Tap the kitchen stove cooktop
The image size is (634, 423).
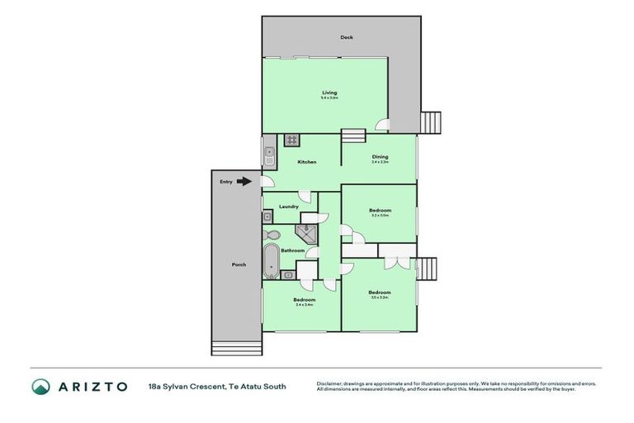(x=291, y=140)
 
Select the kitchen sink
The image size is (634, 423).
(x=268, y=153)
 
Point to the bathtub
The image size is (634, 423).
(x=271, y=260)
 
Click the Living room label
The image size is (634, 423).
(x=329, y=93)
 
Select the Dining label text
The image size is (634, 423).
(x=380, y=156)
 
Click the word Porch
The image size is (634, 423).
(x=239, y=264)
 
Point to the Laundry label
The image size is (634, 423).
(x=288, y=206)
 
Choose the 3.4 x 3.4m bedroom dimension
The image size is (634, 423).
(x=303, y=305)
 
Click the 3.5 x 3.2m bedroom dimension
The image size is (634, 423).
(x=380, y=297)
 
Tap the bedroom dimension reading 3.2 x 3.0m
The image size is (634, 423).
(x=380, y=216)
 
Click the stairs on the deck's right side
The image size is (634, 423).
(x=432, y=122)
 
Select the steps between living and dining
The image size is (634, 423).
(x=352, y=136)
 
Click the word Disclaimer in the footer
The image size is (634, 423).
(x=329, y=384)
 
